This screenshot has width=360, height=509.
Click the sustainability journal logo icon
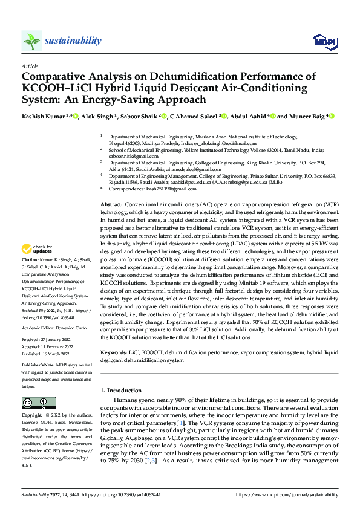click(x=31, y=41)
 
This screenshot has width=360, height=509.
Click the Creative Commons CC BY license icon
click(x=39, y=403)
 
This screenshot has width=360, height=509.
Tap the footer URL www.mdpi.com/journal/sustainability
click(x=290, y=494)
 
